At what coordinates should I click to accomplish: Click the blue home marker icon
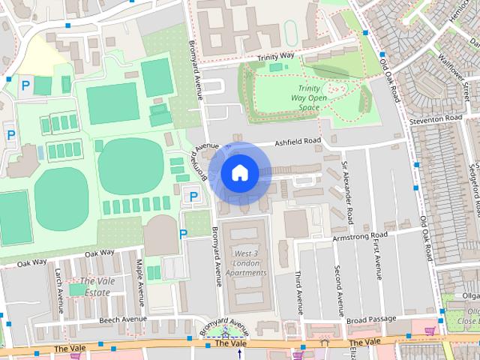(x=239, y=172)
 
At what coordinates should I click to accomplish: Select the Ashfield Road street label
(x=297, y=141)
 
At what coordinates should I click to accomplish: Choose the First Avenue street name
(x=377, y=258)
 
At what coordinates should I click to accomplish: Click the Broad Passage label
(x=371, y=319)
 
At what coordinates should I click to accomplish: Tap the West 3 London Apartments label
(x=245, y=263)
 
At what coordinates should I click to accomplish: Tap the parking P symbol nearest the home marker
(x=193, y=196)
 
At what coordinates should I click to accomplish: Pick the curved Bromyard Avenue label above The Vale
(x=223, y=325)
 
